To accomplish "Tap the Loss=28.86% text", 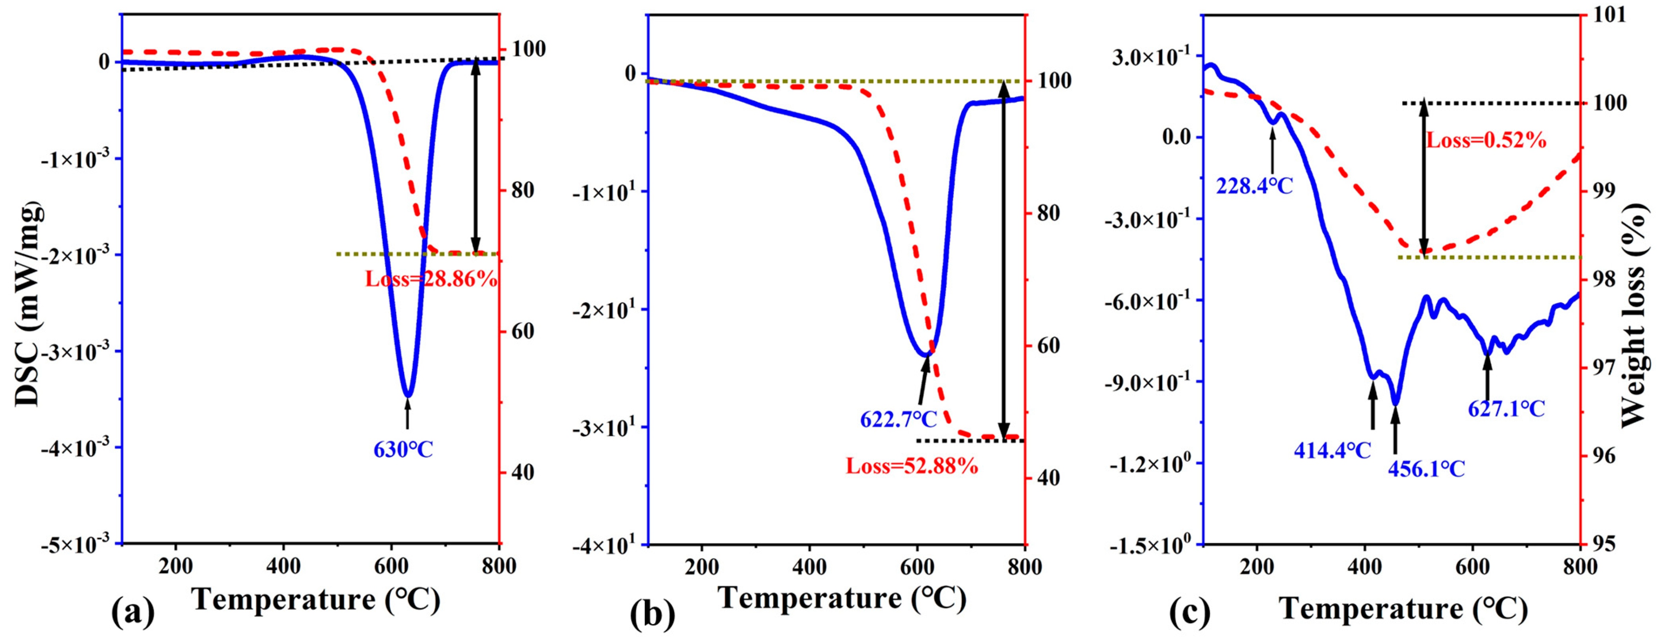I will tap(431, 279).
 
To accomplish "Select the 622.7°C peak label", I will tap(898, 420).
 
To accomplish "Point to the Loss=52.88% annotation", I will tap(912, 466).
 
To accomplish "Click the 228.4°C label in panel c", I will tap(1254, 187).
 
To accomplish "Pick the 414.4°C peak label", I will tap(1332, 450).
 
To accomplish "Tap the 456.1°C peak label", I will tap(1426, 469).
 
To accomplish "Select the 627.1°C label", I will tap(1507, 409).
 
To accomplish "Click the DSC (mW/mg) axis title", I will tap(29, 304).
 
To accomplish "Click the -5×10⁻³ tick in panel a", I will tap(76, 545).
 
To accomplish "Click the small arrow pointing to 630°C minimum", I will tap(407, 413).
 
